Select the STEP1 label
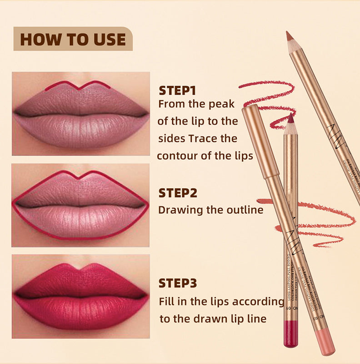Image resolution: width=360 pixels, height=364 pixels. (177, 90)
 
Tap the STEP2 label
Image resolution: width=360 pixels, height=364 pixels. (178, 193)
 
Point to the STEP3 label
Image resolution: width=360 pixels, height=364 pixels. (178, 283)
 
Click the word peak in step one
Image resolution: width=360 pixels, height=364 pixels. (221, 104)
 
